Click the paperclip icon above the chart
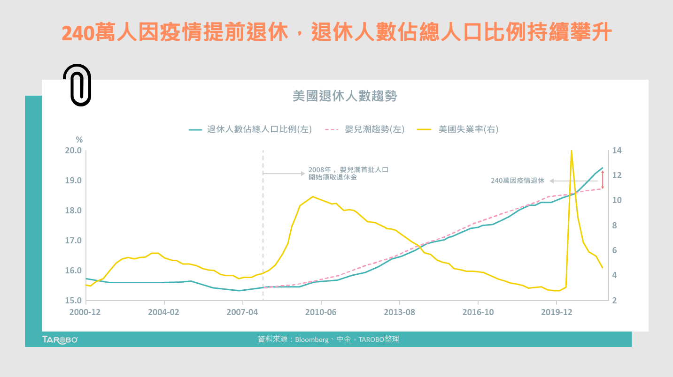tap(77, 85)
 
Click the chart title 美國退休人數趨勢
tap(345, 97)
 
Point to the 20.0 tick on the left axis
tap(73, 151)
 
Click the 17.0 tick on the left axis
tap(73, 241)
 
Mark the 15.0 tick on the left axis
tap(73, 301)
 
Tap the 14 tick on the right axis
tap(617, 151)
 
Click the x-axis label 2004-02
tap(164, 312)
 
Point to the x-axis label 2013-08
tap(399, 312)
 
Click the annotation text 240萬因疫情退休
tap(517, 181)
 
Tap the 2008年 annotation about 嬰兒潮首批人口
tap(348, 173)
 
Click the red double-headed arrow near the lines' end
tap(603, 180)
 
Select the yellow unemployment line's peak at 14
tap(571, 151)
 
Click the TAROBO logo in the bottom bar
tap(60, 339)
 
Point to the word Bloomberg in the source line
tap(312, 339)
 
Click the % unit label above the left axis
tap(79, 140)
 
